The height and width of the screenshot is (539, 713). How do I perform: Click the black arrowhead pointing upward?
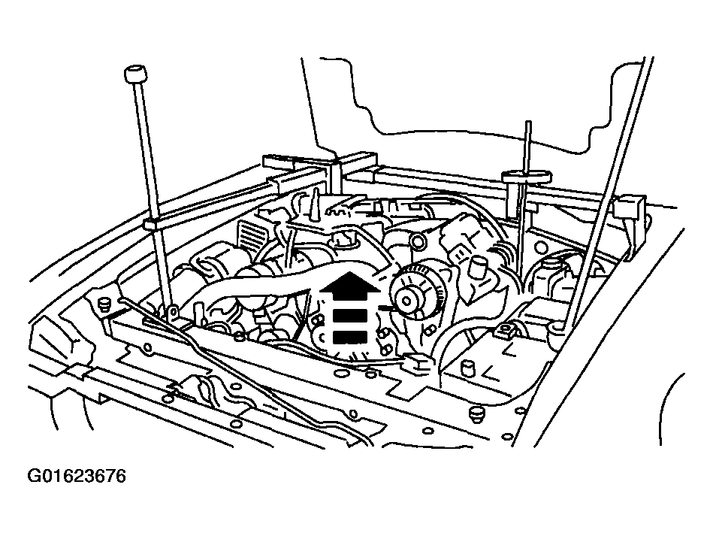tap(349, 286)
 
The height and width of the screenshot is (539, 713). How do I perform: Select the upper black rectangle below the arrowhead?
tap(349, 315)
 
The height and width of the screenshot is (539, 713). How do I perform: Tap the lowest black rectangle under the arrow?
tap(349, 337)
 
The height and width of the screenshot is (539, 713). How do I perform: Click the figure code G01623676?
tap(77, 477)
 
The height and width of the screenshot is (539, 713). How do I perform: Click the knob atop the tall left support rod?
tap(135, 74)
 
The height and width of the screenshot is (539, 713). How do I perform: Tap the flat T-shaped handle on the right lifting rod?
tap(526, 176)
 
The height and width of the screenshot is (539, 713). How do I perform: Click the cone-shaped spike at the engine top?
tap(313, 205)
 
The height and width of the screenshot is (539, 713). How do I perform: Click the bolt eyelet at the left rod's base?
tap(171, 313)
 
